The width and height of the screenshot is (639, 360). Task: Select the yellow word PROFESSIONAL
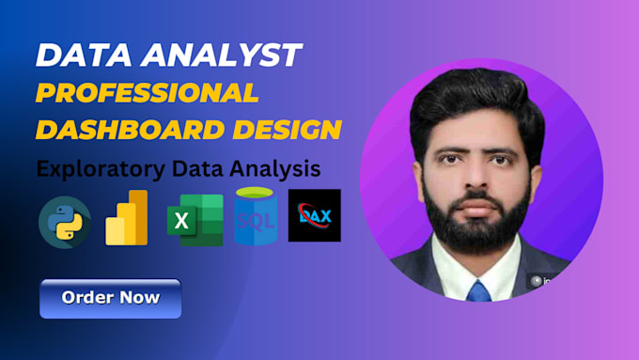click(x=147, y=92)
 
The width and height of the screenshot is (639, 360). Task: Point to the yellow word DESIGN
click(x=282, y=129)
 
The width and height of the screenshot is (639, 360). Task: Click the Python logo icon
click(x=65, y=222)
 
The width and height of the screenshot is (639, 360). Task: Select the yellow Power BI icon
click(x=127, y=218)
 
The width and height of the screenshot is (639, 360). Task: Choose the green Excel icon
click(x=195, y=220)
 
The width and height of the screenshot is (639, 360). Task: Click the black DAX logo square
click(x=314, y=215)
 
